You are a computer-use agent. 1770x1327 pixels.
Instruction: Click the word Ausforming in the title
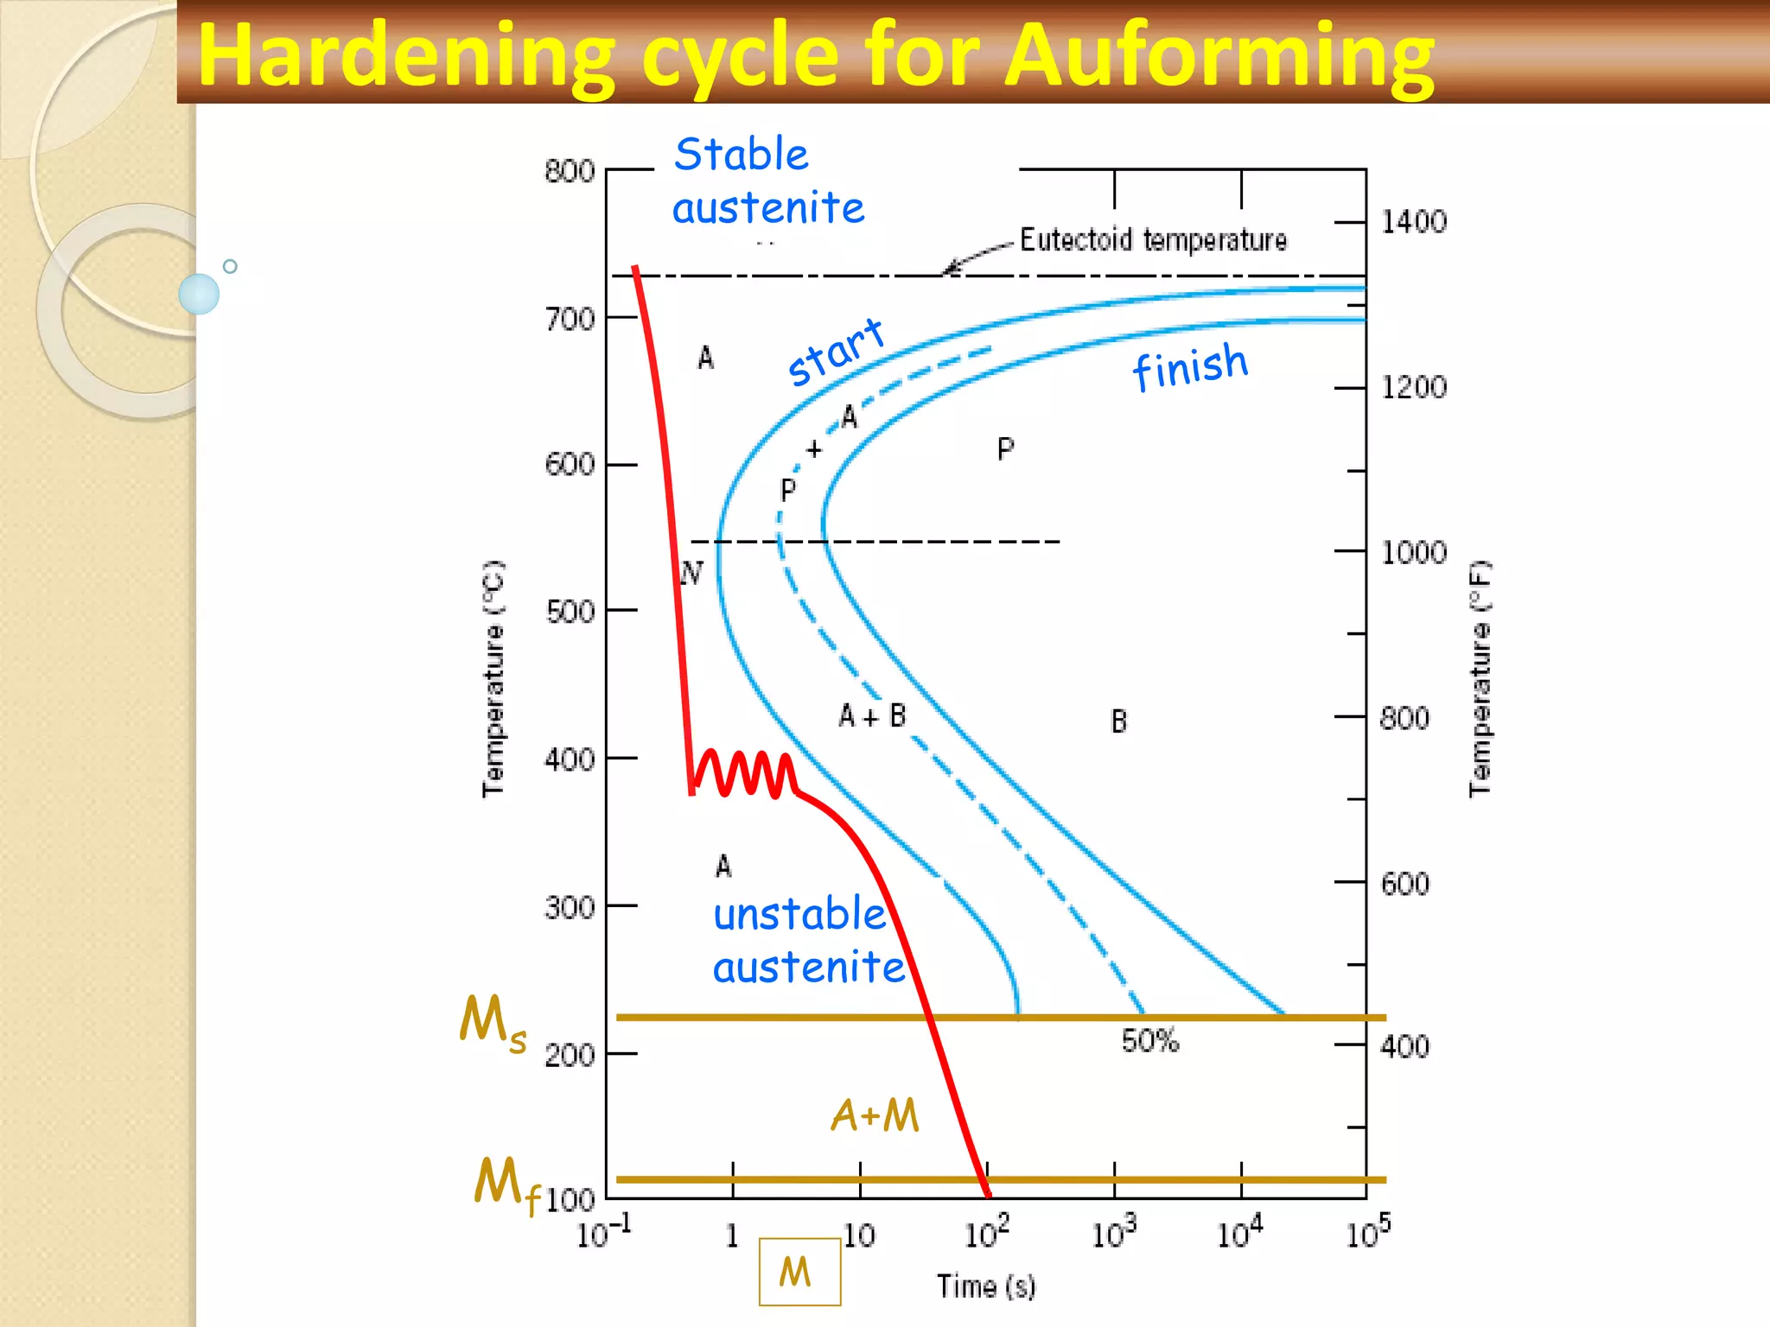(x=1219, y=57)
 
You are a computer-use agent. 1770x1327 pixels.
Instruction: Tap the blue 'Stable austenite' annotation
(x=767, y=181)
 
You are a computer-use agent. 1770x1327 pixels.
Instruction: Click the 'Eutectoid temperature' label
(x=1153, y=239)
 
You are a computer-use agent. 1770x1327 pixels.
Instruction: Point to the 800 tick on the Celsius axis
(x=570, y=171)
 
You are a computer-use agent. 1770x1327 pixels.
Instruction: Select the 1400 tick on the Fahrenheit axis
(x=1413, y=222)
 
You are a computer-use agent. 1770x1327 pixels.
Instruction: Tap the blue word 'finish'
(x=1190, y=366)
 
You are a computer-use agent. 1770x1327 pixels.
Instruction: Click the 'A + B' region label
(x=872, y=716)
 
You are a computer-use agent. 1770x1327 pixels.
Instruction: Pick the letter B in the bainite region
(x=1118, y=721)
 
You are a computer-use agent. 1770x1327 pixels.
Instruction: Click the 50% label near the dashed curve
(x=1149, y=1041)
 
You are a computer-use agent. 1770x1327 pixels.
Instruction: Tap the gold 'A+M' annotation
(x=875, y=1115)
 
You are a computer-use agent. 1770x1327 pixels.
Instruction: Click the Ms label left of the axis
(x=492, y=1023)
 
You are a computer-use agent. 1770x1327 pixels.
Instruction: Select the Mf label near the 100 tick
(x=506, y=1185)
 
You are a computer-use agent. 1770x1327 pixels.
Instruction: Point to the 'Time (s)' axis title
(x=986, y=1286)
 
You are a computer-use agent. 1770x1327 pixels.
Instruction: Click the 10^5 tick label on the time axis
(x=1367, y=1233)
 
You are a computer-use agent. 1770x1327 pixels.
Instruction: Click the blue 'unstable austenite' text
(x=808, y=941)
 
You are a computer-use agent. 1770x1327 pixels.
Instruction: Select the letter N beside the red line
(x=691, y=572)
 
